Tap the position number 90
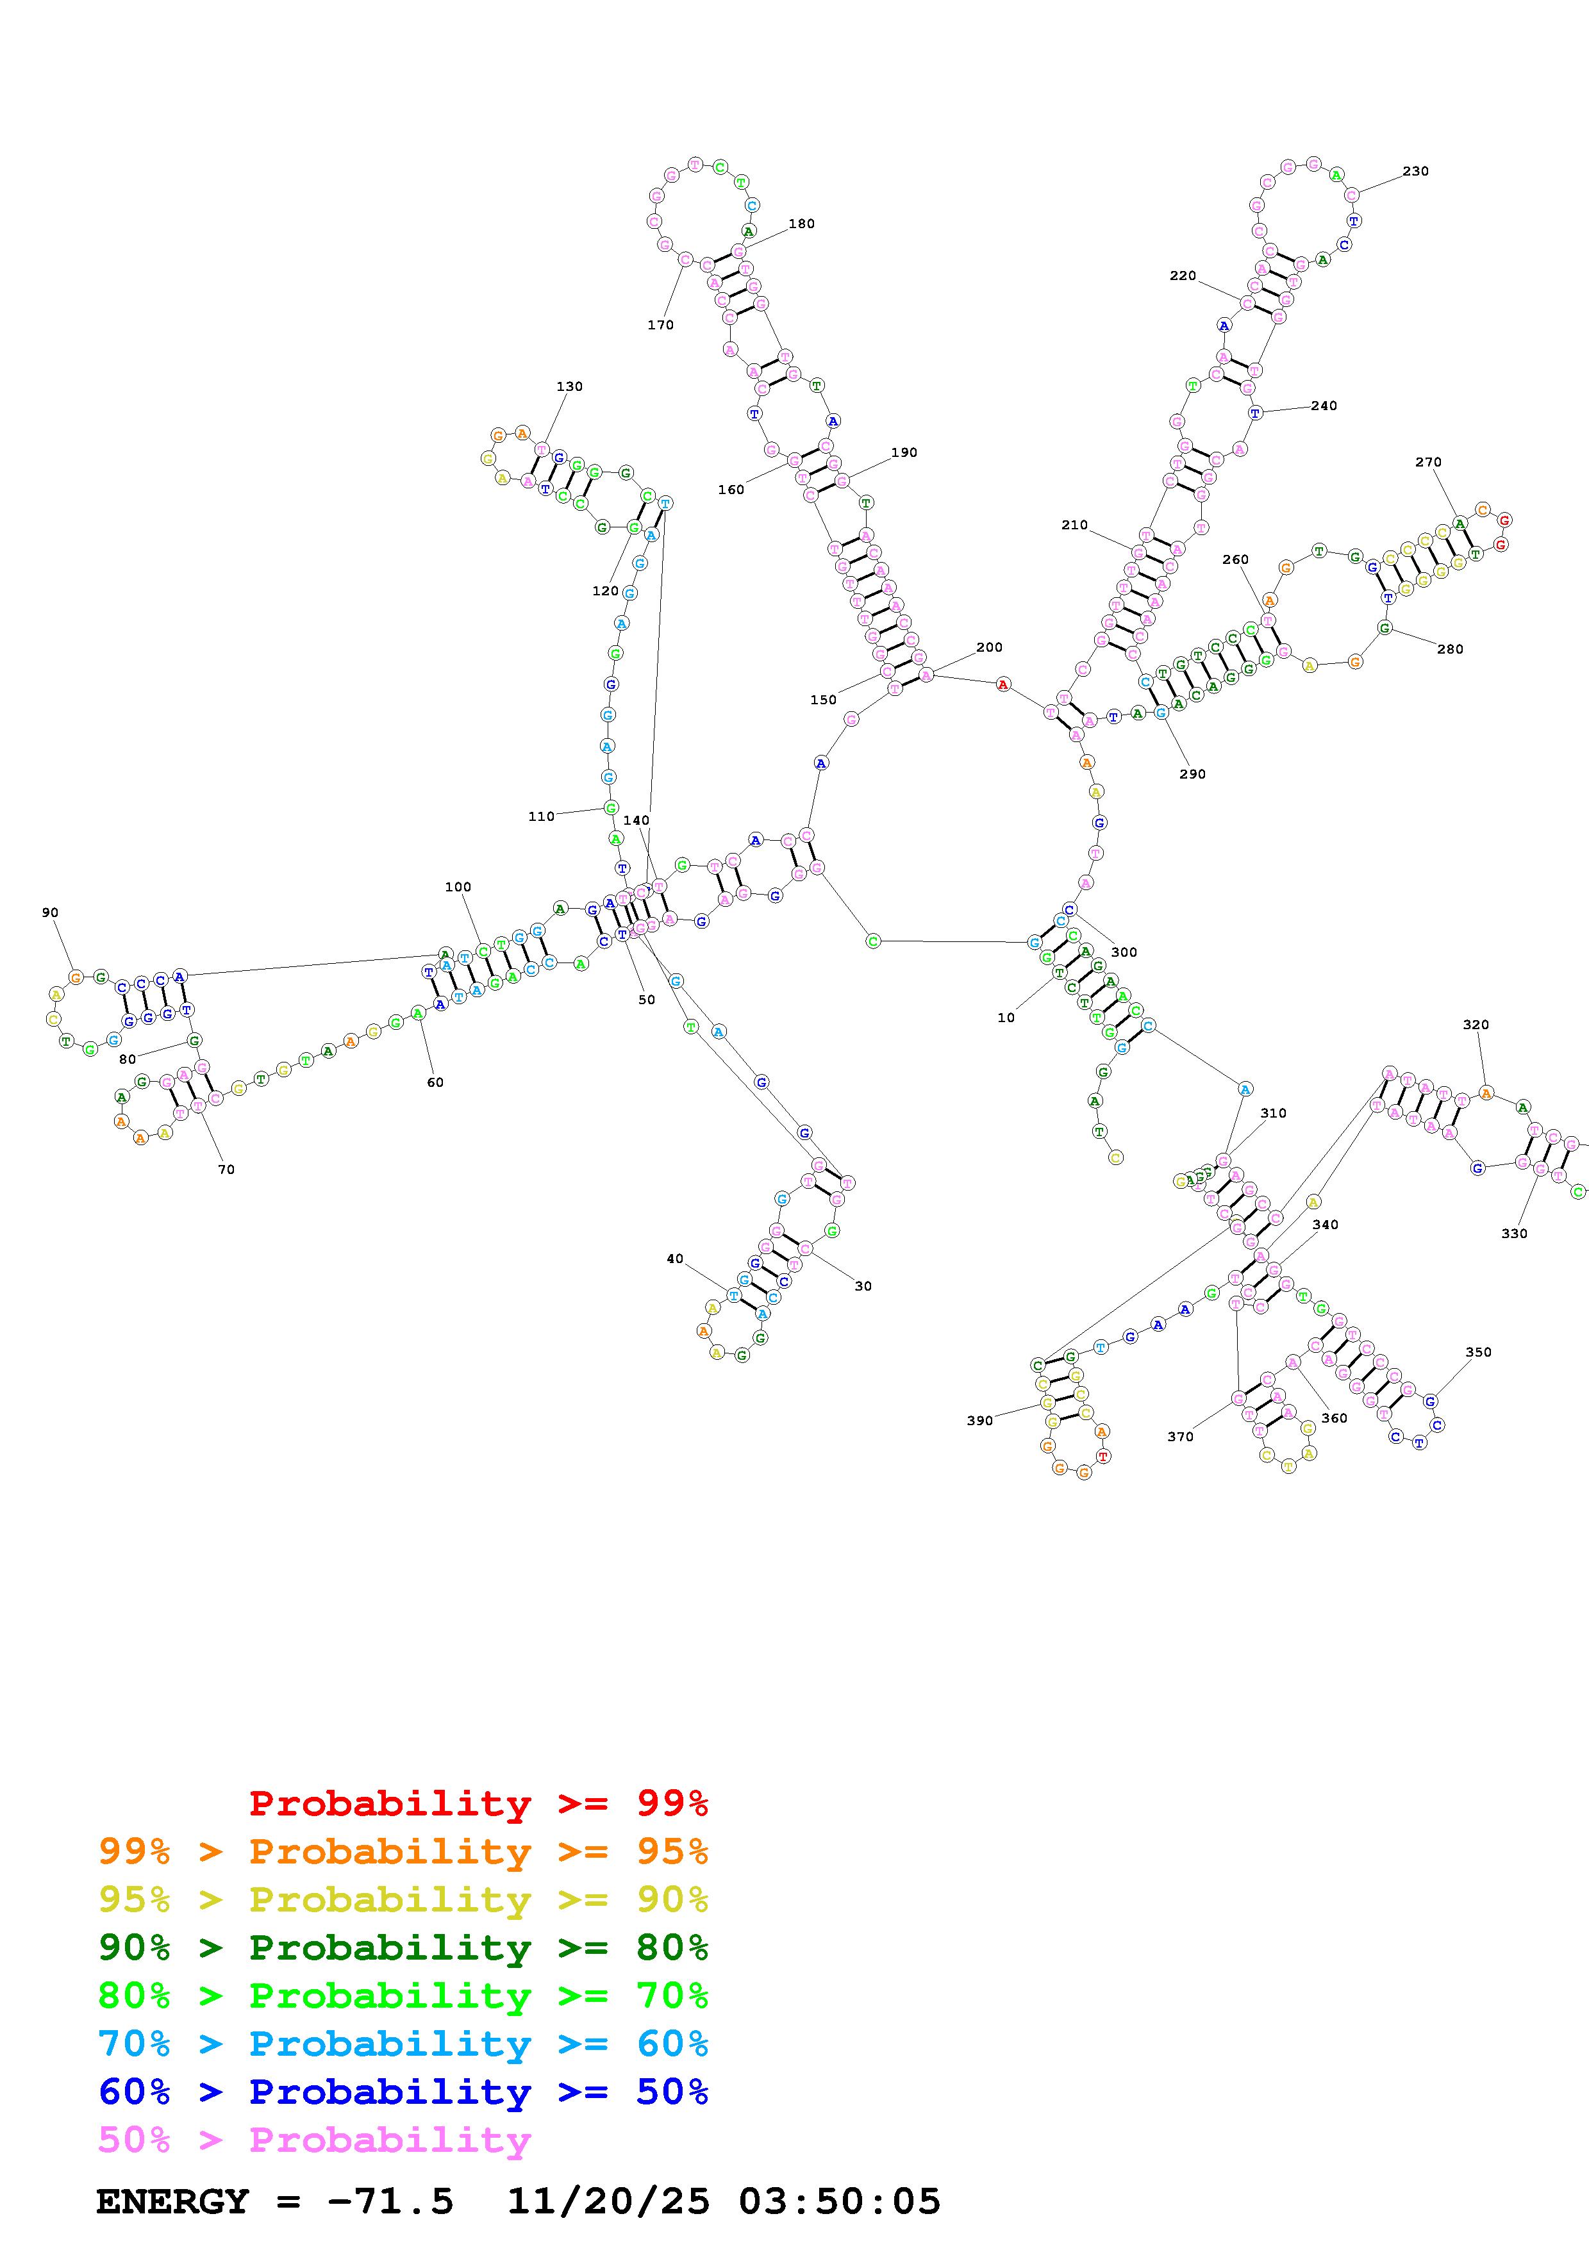point(50,913)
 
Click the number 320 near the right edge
point(1476,1025)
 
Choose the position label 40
point(674,1259)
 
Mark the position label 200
point(989,647)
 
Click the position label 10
point(1006,1018)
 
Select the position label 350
point(1477,1352)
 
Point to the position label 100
point(457,887)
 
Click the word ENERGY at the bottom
point(172,2202)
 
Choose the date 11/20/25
point(608,2202)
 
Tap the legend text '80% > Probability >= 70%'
point(403,1996)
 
